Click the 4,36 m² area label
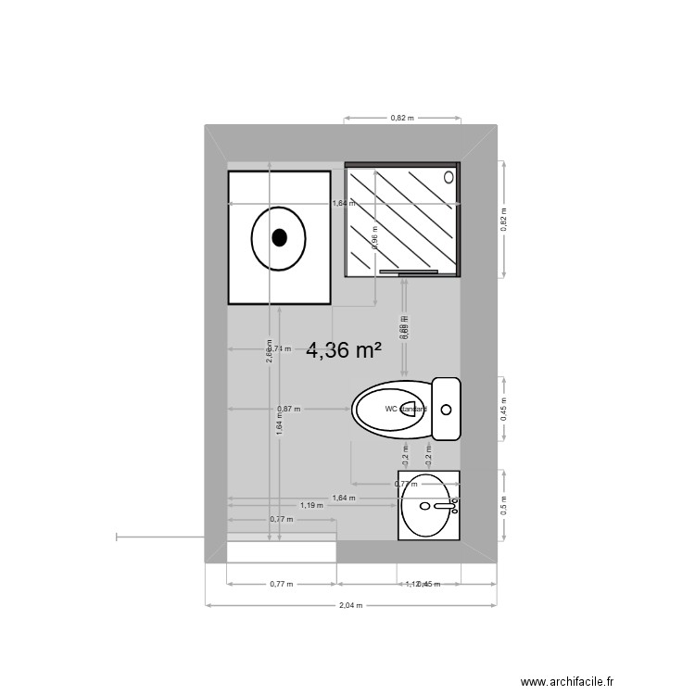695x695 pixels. point(345,350)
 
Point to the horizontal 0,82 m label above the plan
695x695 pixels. point(401,119)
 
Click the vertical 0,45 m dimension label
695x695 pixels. point(503,409)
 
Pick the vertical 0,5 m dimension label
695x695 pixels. point(503,506)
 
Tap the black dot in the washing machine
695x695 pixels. point(279,237)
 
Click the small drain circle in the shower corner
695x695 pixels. point(449,176)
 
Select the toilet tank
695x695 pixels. point(447,408)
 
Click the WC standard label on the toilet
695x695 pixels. point(406,409)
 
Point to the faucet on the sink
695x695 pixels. point(446,506)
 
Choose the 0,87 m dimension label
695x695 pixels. point(288,409)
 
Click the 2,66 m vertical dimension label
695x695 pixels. point(269,354)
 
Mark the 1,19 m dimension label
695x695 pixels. point(311,506)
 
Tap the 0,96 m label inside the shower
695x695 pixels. point(374,236)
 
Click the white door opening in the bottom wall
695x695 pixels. point(282,551)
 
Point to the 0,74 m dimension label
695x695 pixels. point(281,349)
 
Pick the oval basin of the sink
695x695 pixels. point(427,506)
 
